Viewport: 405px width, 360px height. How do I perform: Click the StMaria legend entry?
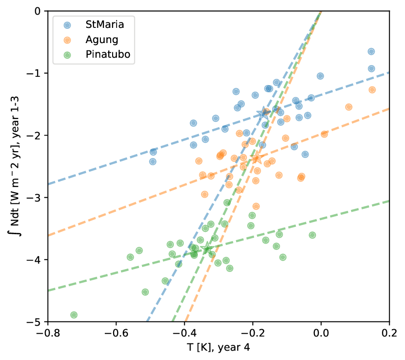pyautogui.click(x=102, y=24)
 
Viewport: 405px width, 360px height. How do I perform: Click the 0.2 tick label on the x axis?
pyautogui.click(x=389, y=333)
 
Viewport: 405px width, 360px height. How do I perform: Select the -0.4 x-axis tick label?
pyautogui.click(x=184, y=333)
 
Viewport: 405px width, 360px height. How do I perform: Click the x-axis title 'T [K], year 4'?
pyautogui.click(x=218, y=348)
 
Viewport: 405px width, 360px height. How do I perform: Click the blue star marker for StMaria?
pyautogui.click(x=263, y=113)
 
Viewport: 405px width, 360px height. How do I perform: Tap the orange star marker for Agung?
pyautogui.click(x=257, y=157)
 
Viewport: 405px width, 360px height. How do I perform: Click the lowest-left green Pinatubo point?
pyautogui.click(x=74, y=315)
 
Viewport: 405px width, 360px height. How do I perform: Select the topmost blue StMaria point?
pyautogui.click(x=371, y=51)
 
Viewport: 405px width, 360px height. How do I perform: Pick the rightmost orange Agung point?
pyautogui.click(x=372, y=90)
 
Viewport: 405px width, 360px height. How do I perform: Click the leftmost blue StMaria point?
pyautogui.click(x=153, y=161)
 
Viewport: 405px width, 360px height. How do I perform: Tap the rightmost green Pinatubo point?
pyautogui.click(x=312, y=235)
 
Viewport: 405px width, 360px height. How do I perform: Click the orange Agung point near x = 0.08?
pyautogui.click(x=349, y=107)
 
